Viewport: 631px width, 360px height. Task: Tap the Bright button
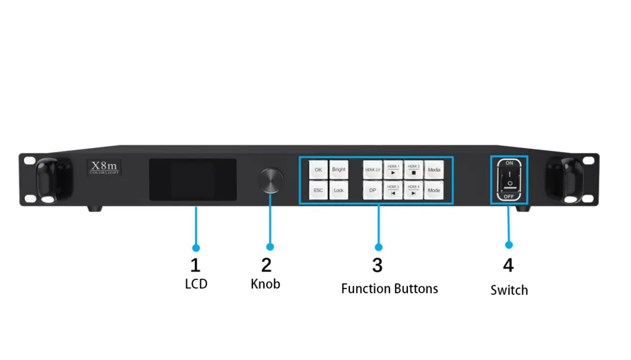338,170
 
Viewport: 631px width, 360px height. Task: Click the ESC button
318,190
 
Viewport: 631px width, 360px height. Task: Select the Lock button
338,190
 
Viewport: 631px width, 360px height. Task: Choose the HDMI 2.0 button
372,170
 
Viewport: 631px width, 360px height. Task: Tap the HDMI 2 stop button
413,170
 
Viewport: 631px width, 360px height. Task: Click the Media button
434,170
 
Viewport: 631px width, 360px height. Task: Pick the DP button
372,190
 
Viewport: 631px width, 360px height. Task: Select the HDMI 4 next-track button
413,190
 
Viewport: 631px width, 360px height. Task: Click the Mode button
434,190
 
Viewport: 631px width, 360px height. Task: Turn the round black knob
271,180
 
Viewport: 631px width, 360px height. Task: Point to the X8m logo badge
104,167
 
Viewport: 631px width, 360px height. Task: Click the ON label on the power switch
509,163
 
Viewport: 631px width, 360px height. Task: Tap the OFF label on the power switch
509,197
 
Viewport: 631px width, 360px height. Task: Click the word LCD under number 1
196,284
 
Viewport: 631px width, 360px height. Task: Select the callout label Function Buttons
389,289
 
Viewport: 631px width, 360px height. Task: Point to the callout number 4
508,265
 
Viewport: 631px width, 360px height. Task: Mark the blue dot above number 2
270,247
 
